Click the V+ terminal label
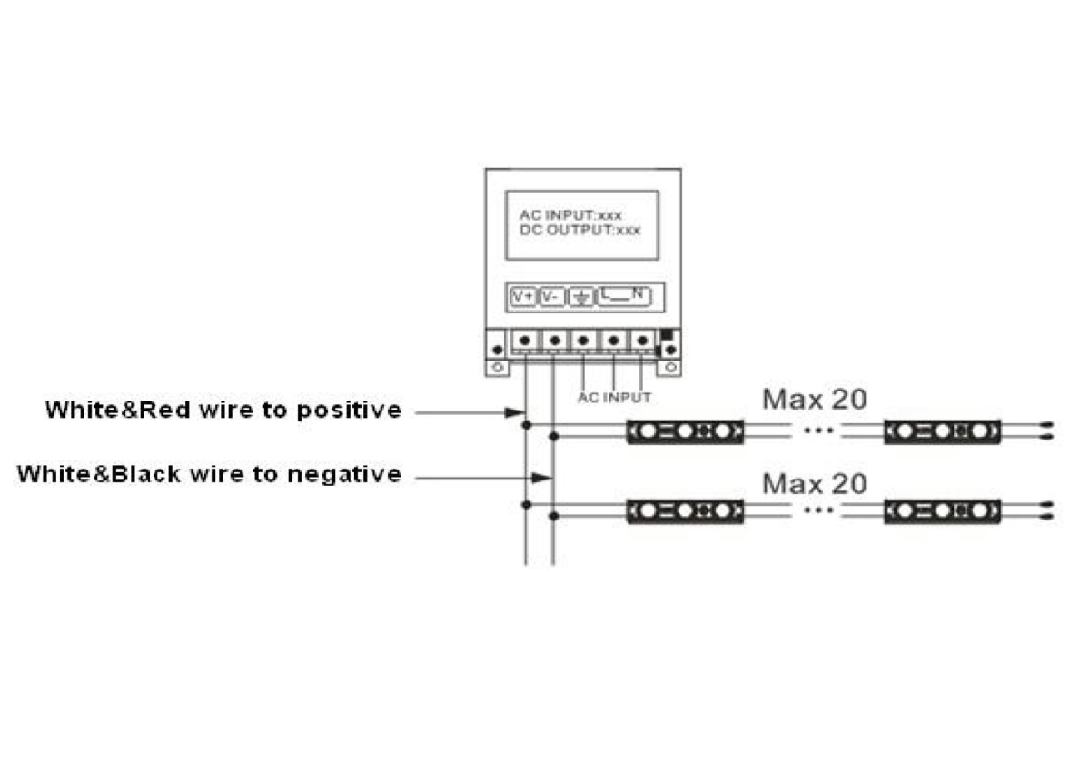click(524, 297)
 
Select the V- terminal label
click(551, 297)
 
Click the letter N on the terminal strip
click(639, 293)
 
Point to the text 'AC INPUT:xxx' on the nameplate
click(570, 216)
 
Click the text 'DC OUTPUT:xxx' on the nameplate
click(580, 231)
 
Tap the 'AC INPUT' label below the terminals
click(614, 398)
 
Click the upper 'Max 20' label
click(814, 399)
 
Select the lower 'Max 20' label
click(814, 483)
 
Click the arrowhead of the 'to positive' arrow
click(515, 413)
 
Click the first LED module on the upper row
click(685, 431)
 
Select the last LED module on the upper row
click(942, 431)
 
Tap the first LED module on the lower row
click(685, 511)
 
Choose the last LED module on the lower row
click(942, 511)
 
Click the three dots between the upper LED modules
click(818, 432)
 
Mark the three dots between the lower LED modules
click(818, 511)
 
